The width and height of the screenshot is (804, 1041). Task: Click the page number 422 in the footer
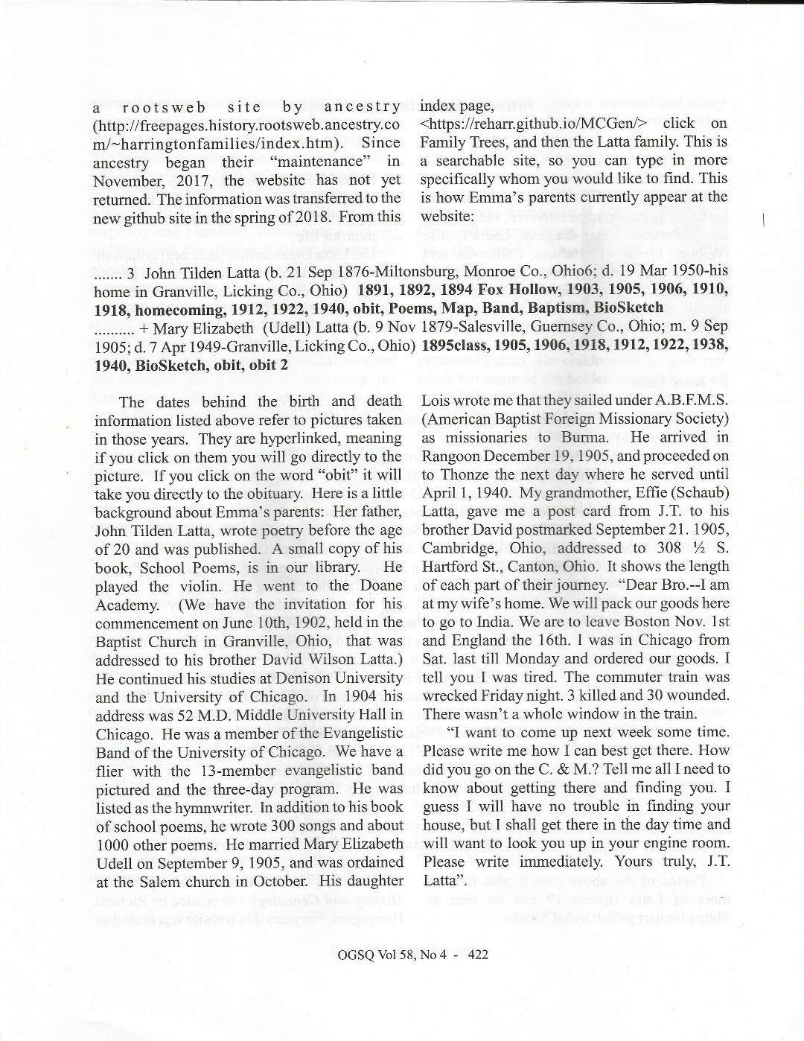point(477,955)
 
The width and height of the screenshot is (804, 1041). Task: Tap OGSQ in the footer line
point(354,955)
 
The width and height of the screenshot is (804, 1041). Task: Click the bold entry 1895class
point(456,346)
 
